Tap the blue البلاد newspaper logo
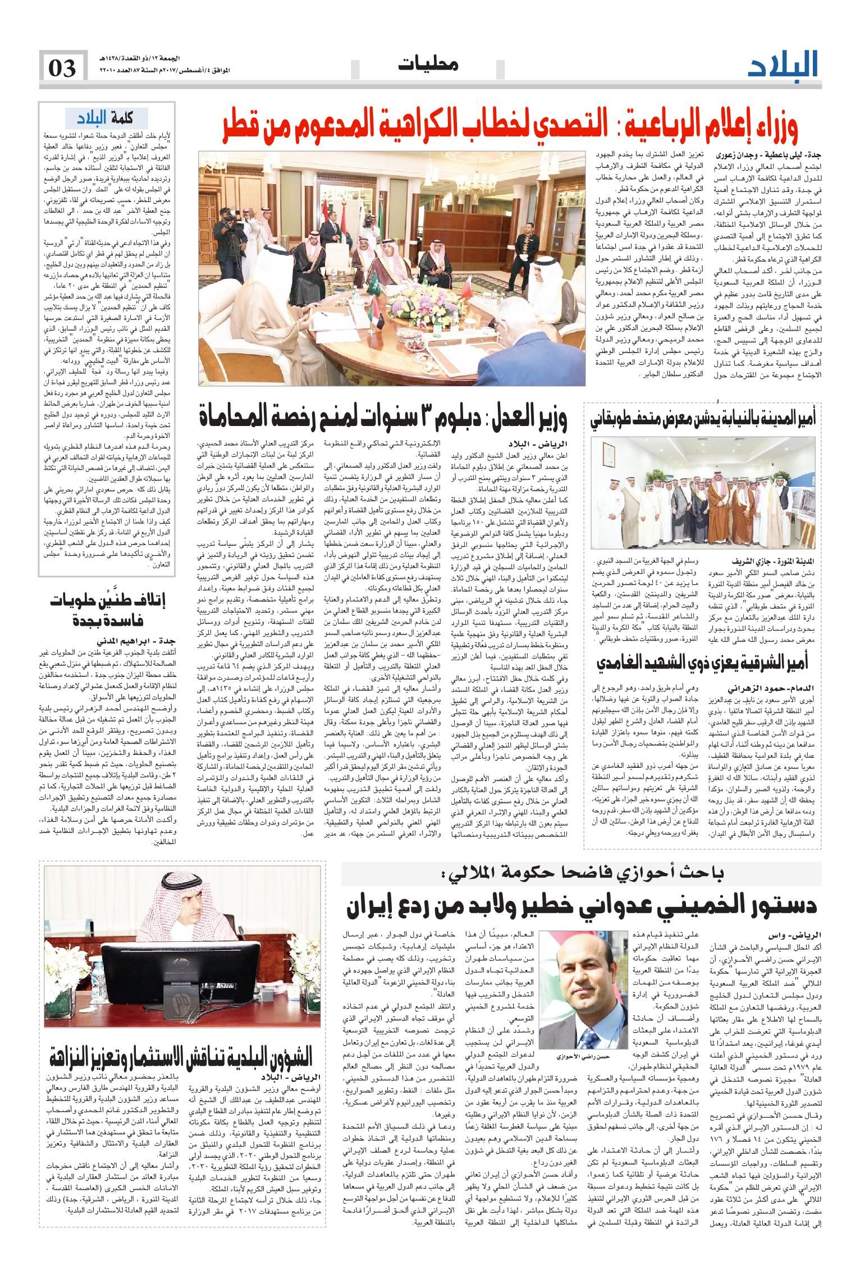pos(783,67)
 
